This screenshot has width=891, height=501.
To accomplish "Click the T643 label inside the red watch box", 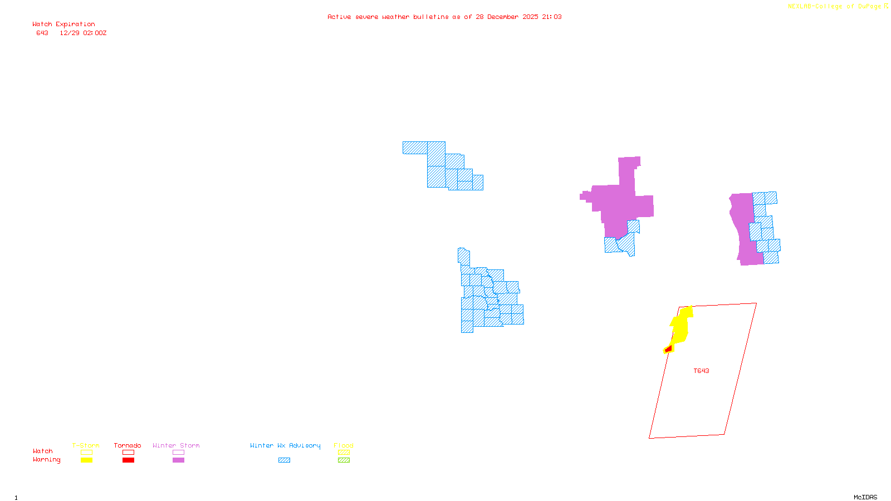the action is [x=701, y=371].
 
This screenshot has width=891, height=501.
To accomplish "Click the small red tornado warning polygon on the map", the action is [x=668, y=349].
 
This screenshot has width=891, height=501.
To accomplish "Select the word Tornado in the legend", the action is [x=128, y=445].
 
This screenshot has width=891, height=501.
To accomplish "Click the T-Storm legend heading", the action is [x=86, y=445].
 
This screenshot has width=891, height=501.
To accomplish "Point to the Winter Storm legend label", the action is [x=176, y=445].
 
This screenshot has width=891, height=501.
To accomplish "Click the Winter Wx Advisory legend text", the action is [x=285, y=445].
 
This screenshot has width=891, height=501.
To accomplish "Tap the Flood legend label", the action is [x=344, y=445].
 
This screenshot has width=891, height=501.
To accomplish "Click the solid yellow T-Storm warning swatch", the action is [x=86, y=460].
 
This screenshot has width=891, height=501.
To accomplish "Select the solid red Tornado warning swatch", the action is [x=128, y=460].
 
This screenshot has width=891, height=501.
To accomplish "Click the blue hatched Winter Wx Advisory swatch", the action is [x=284, y=460].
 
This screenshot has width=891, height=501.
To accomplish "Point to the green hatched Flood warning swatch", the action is [x=344, y=460].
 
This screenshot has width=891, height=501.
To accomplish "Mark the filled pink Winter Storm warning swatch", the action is [x=178, y=460].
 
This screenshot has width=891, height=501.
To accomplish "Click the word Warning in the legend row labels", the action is [x=46, y=460].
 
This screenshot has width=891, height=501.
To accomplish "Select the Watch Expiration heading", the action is [x=63, y=24].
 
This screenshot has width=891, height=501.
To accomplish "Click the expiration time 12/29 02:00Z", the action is [x=83, y=33].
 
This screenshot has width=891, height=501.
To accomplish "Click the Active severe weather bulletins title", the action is [x=444, y=17].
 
